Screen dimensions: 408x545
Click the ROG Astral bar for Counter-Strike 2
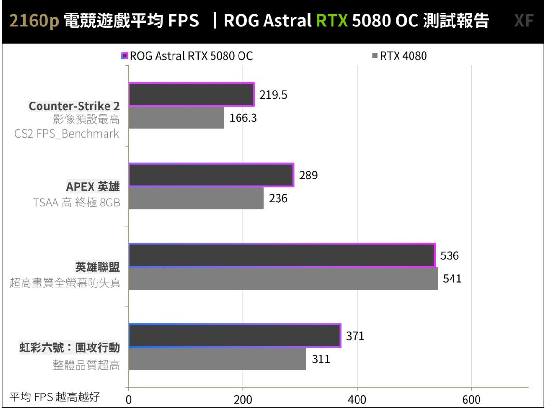[191, 95]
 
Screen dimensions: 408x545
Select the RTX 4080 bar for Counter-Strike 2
[176, 118]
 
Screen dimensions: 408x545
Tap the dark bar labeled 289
[211, 175]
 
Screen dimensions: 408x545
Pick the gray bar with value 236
[196, 198]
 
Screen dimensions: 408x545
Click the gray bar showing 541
[283, 279]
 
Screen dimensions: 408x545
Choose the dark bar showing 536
[282, 255]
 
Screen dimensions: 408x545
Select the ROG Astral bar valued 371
[235, 336]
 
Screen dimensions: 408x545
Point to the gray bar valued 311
[217, 359]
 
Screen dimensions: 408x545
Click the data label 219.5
[273, 95]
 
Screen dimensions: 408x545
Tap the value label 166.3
[242, 118]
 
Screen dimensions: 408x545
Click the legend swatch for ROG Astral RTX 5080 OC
[124, 56]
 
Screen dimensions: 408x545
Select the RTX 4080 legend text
[403, 56]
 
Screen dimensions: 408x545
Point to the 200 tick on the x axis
[243, 400]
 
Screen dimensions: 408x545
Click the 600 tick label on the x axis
[471, 400]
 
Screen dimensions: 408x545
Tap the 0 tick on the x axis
[129, 400]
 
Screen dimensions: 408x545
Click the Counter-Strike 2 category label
[74, 106]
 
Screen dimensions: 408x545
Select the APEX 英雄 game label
[93, 187]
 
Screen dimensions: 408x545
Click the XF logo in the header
[524, 22]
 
